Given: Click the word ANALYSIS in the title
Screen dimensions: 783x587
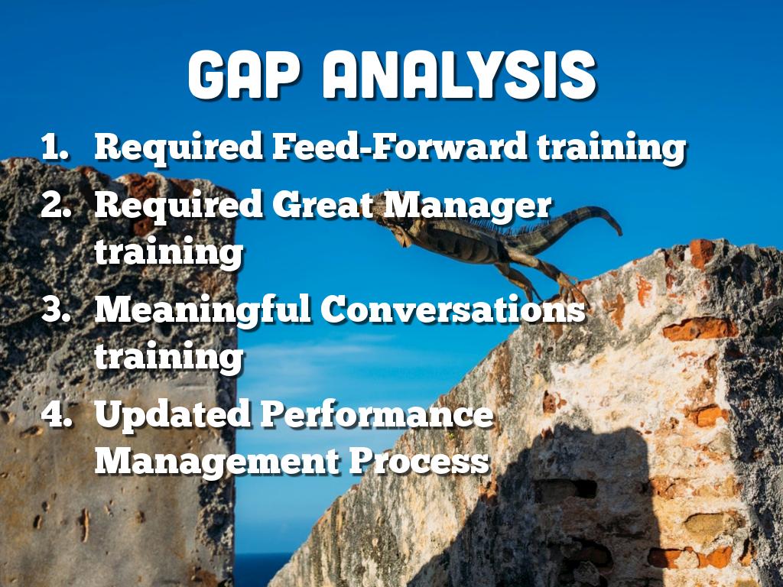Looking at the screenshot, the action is pos(460,76).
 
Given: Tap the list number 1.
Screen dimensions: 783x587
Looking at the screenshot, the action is pos(55,147).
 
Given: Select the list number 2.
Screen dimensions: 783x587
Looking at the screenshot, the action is pos(55,205).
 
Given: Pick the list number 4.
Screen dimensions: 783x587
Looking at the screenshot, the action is pos(56,413).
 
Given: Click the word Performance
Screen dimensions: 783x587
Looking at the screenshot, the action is pos(376,413).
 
